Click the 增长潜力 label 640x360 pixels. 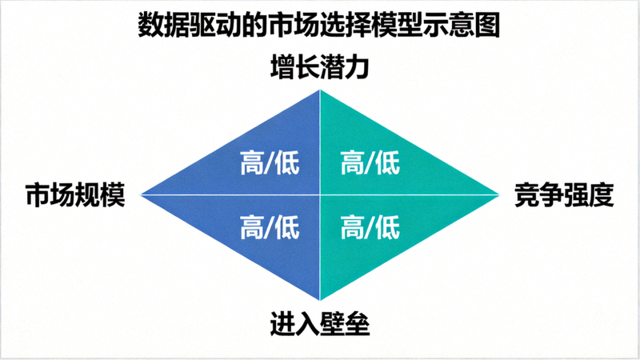pos(320,67)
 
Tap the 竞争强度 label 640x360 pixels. pos(563,194)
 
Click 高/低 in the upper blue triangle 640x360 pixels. pos(270,164)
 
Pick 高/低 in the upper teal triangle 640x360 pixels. pos(370,164)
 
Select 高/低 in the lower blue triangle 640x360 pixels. pos(270,227)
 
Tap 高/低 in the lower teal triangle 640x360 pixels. pos(370,227)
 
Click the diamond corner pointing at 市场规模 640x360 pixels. pos(142,194)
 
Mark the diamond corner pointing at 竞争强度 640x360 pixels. pos(498,194)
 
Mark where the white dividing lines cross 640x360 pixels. pos(320,194)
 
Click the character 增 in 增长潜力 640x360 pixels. pos(283,67)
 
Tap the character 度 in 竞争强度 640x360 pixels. pos(601,194)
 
